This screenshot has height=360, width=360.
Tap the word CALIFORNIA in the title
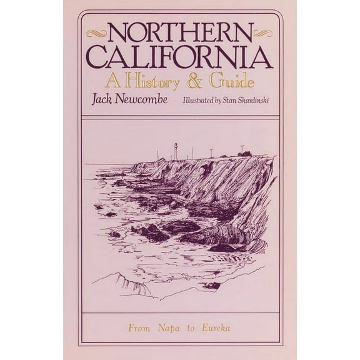pyautogui.click(x=180, y=57)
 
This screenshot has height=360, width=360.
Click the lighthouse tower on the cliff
pyautogui.click(x=176, y=151)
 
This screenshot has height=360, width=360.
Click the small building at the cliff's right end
pyautogui.click(x=246, y=153)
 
